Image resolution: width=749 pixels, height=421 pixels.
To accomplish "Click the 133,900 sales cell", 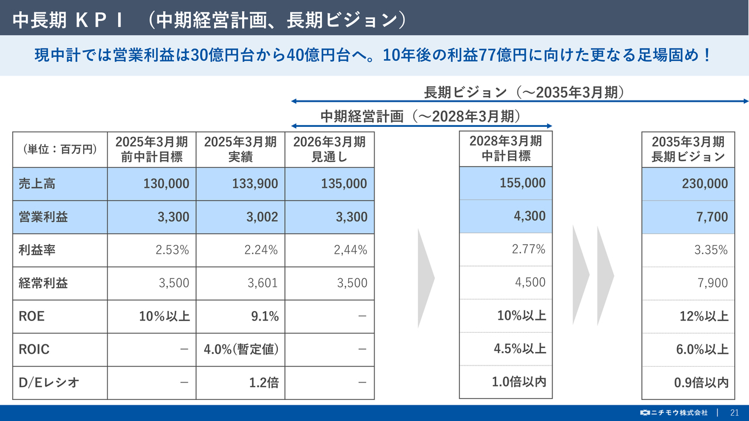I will point(240,184).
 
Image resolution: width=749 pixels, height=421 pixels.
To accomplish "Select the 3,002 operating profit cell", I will point(240,217).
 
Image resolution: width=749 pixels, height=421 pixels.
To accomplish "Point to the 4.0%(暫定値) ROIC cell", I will point(241,350).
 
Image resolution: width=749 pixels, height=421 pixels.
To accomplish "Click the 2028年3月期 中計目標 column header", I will point(506,149).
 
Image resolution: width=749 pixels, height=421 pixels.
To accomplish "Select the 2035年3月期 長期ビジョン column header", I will point(688,149).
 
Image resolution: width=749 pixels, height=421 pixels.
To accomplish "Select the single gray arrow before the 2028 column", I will point(425,278).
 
